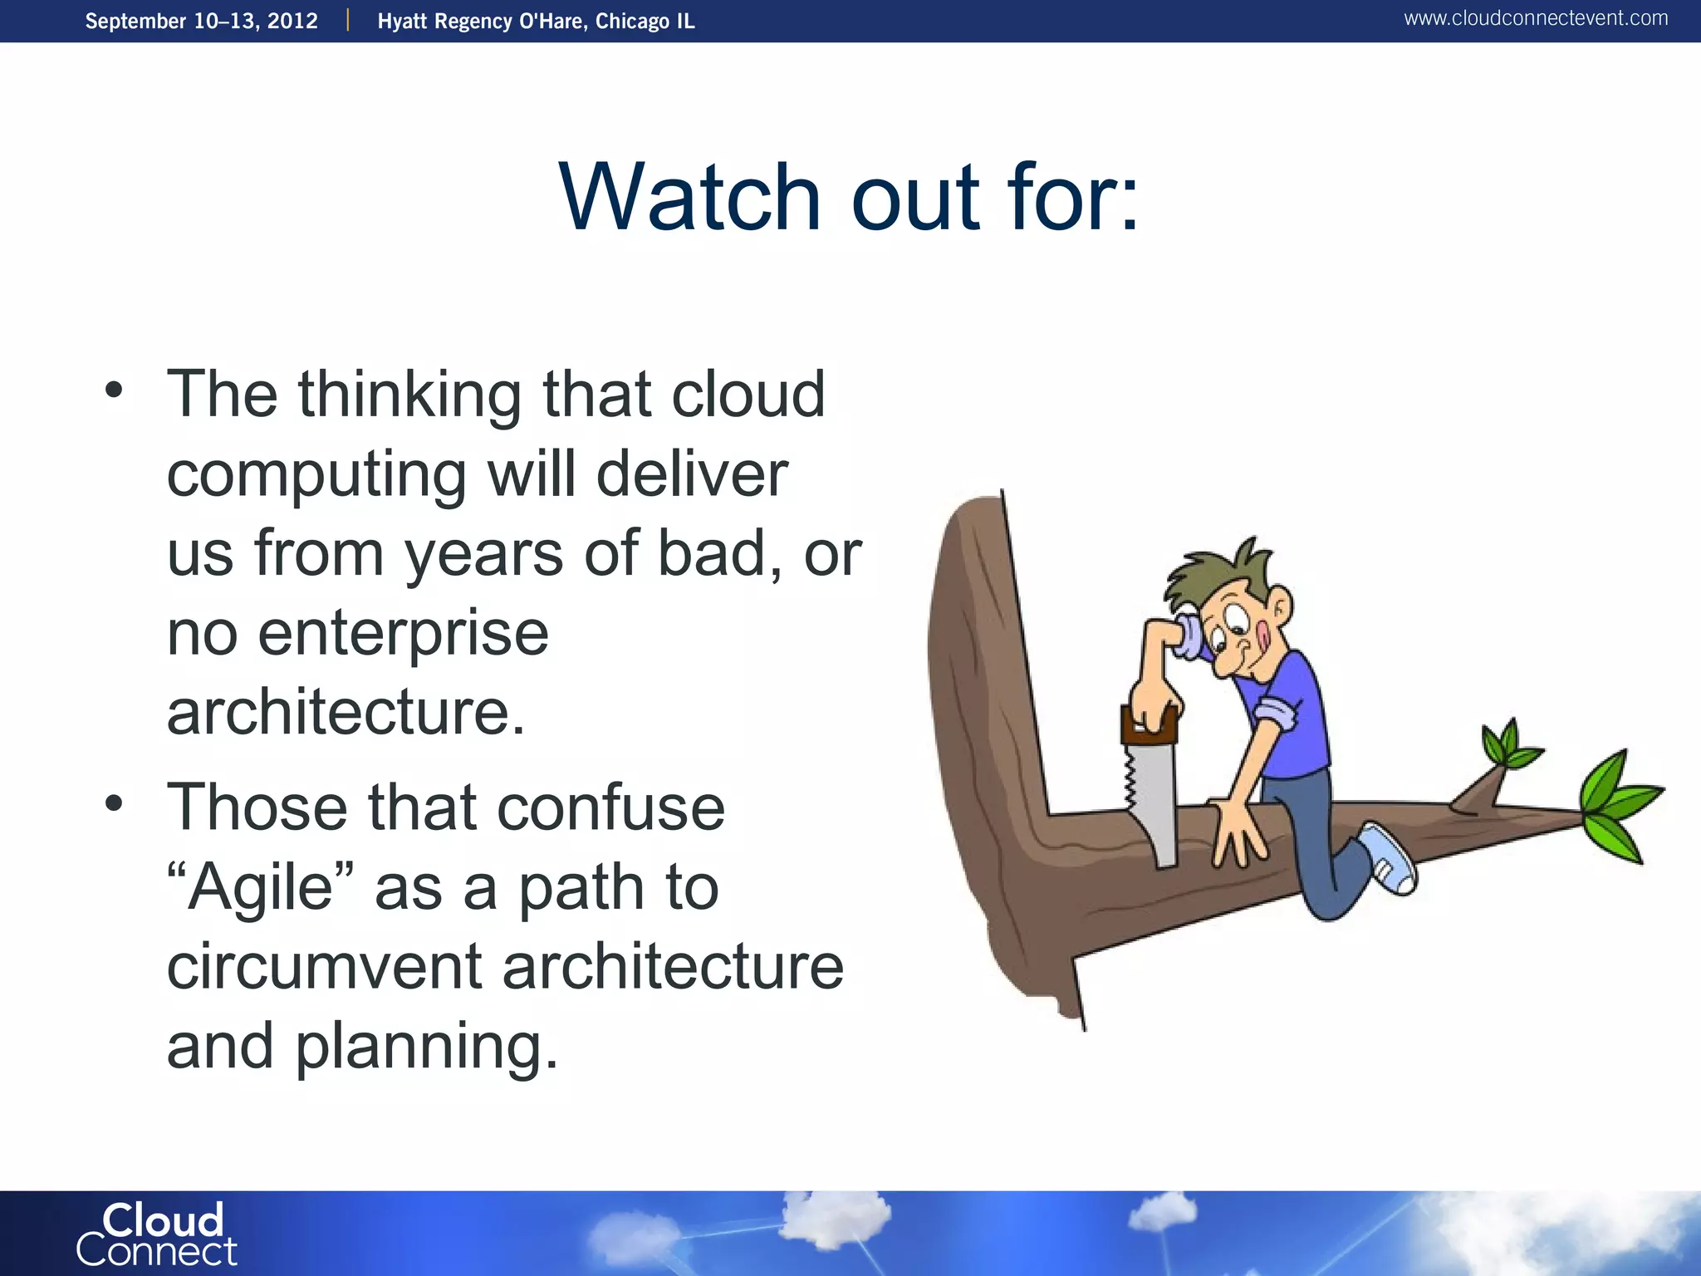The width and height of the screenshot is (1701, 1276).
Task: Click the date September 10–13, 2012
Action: pos(202,21)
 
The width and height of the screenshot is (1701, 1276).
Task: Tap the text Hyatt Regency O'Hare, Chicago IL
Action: pos(536,21)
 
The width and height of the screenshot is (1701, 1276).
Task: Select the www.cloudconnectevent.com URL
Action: pos(1536,18)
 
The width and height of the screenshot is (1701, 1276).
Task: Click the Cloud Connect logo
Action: pos(156,1235)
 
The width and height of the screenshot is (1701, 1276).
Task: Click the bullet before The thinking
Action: pos(115,390)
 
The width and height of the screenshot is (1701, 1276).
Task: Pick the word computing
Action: pos(316,475)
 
